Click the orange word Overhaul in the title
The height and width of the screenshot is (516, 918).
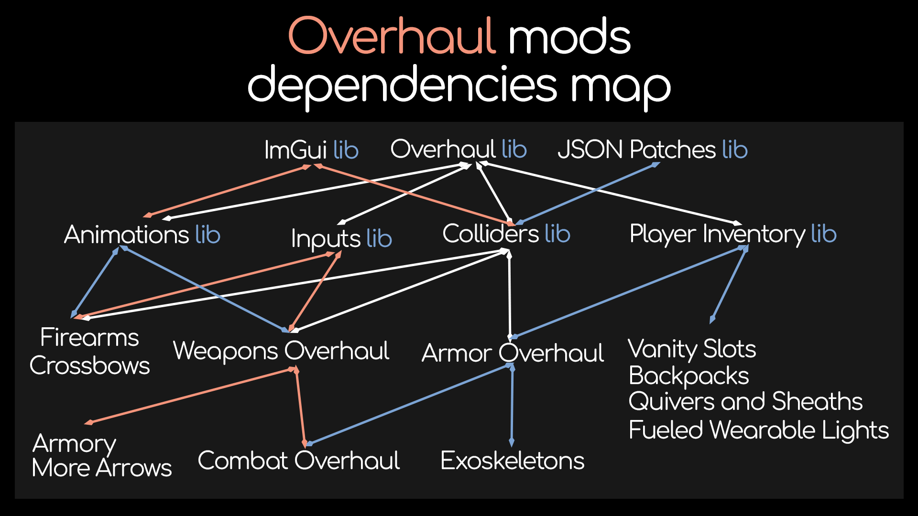click(x=391, y=36)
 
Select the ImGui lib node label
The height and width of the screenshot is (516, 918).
click(x=311, y=150)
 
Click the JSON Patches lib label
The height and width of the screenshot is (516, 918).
click(x=652, y=150)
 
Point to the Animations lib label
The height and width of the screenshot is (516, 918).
click(x=142, y=235)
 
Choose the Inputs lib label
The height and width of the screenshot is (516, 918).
click(x=341, y=238)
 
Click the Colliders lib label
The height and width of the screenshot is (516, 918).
click(x=506, y=234)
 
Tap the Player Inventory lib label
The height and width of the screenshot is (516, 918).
click(x=733, y=234)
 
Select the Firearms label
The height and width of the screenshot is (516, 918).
click(x=89, y=337)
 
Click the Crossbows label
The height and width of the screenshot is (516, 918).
click(x=89, y=365)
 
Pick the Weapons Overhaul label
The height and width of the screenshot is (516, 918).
click(x=281, y=351)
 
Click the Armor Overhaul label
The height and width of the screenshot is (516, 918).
click(x=513, y=353)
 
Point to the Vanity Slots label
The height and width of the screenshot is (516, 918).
click(x=692, y=349)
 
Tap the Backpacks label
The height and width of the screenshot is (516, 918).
click(x=688, y=376)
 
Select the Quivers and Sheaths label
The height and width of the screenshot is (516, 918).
click(x=745, y=401)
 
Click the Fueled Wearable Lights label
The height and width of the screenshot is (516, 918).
click(x=759, y=430)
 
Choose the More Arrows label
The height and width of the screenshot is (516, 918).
click(x=101, y=468)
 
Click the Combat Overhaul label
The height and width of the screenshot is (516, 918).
click(x=299, y=461)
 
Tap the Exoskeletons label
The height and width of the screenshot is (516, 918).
click(x=512, y=461)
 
